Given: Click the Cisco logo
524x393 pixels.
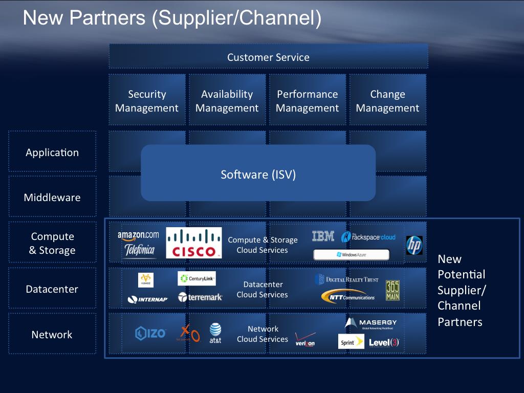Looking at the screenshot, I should point(194,243).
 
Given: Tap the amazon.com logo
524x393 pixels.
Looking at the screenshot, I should point(138,235).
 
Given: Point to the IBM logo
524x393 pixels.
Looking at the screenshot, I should point(323,236).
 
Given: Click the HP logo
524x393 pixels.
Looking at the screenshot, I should point(414,245).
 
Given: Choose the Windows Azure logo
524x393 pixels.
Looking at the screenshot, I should point(352,254).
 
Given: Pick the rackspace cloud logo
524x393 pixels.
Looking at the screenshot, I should point(368,237).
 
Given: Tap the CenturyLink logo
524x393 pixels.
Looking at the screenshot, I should point(197,279).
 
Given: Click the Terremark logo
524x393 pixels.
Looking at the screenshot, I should point(200,297).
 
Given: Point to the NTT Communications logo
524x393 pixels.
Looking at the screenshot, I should point(348,296).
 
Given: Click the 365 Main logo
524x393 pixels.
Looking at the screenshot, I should point(392,290).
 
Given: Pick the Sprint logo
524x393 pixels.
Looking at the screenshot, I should point(351,342).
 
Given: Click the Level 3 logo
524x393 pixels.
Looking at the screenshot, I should point(384,342).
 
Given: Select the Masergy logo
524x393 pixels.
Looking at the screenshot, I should point(371,323).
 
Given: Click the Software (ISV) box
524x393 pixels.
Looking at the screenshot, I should point(258,174).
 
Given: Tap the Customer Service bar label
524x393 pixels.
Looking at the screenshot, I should point(268,57).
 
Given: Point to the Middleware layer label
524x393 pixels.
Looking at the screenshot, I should point(52,198).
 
